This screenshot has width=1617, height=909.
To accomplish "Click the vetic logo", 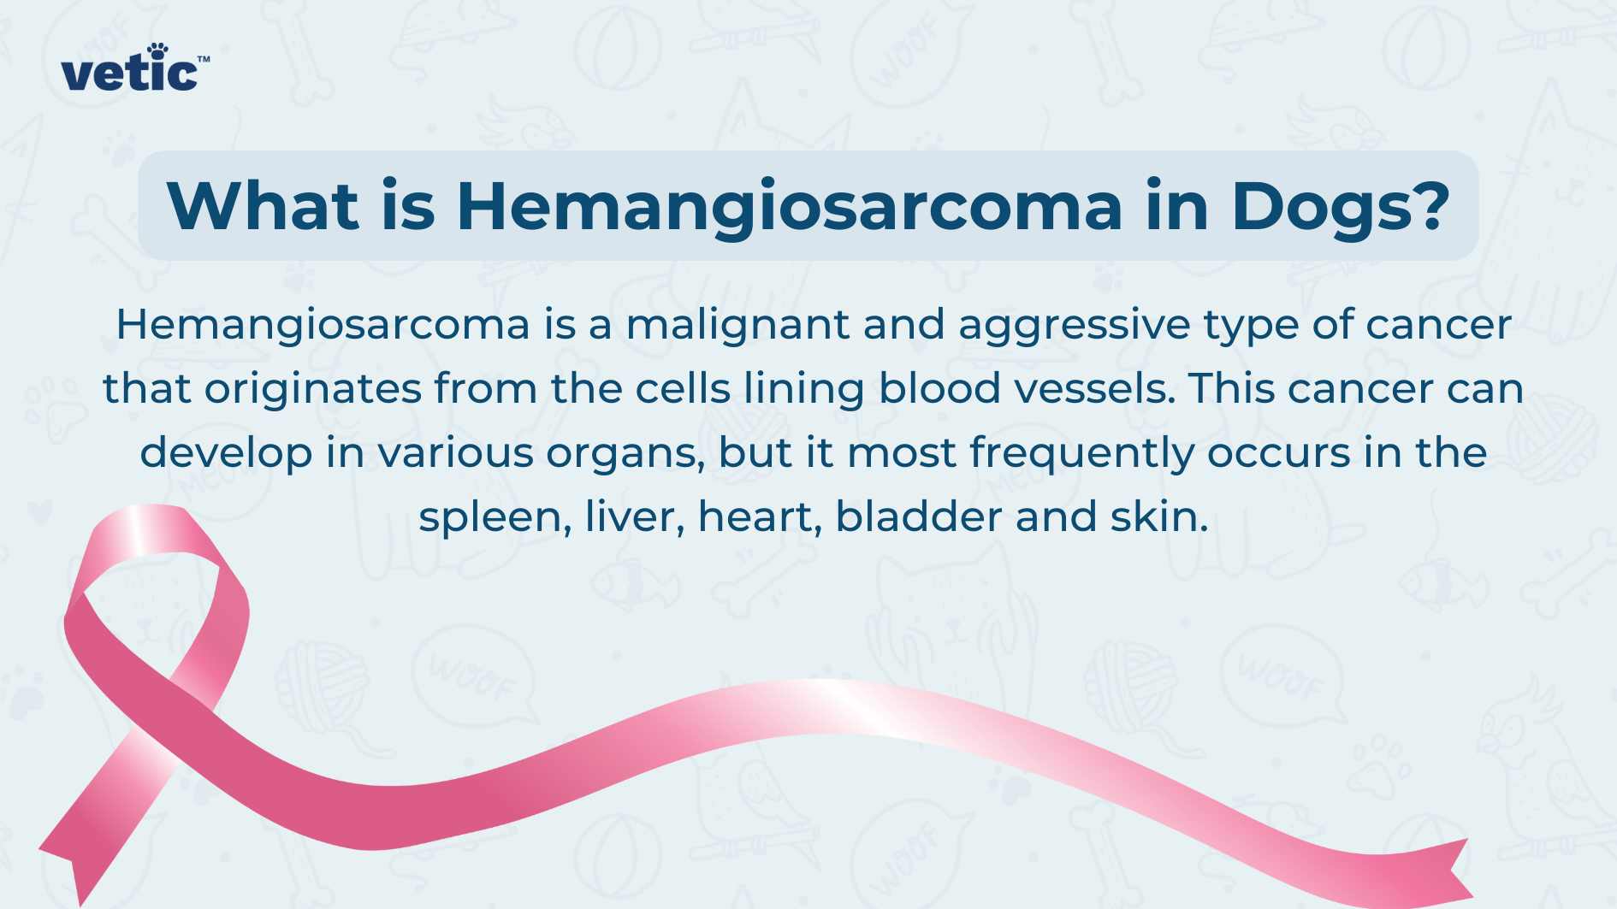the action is (134, 68).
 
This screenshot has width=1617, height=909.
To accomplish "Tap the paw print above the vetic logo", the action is (157, 51).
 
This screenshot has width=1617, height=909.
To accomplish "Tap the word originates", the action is (313, 389).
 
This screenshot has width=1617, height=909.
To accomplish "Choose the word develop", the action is (226, 453).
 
